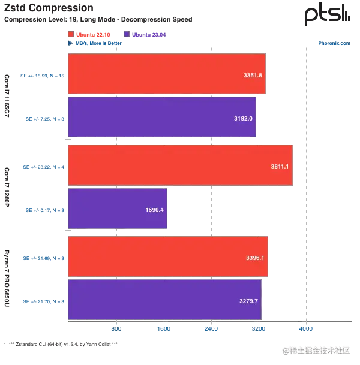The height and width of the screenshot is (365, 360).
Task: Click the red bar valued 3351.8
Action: [166, 75]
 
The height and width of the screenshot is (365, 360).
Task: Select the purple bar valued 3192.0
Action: [163, 118]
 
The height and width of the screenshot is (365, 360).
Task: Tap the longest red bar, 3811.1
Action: [180, 165]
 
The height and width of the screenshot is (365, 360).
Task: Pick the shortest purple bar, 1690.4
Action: [117, 209]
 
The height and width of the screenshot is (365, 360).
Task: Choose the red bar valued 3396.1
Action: [167, 257]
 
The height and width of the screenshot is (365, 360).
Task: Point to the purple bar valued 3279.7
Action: [164, 300]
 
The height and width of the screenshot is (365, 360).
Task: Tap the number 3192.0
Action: [243, 119]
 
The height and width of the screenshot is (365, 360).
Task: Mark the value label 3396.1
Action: [255, 258]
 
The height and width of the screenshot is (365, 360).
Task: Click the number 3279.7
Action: [248, 300]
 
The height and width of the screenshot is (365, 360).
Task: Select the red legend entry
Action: [90, 34]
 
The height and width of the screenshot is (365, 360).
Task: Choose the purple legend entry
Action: [144, 34]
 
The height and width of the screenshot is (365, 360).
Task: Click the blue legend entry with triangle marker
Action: [96, 43]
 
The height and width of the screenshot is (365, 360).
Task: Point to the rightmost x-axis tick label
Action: [306, 329]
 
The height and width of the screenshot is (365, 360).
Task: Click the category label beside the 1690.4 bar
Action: [44, 210]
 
